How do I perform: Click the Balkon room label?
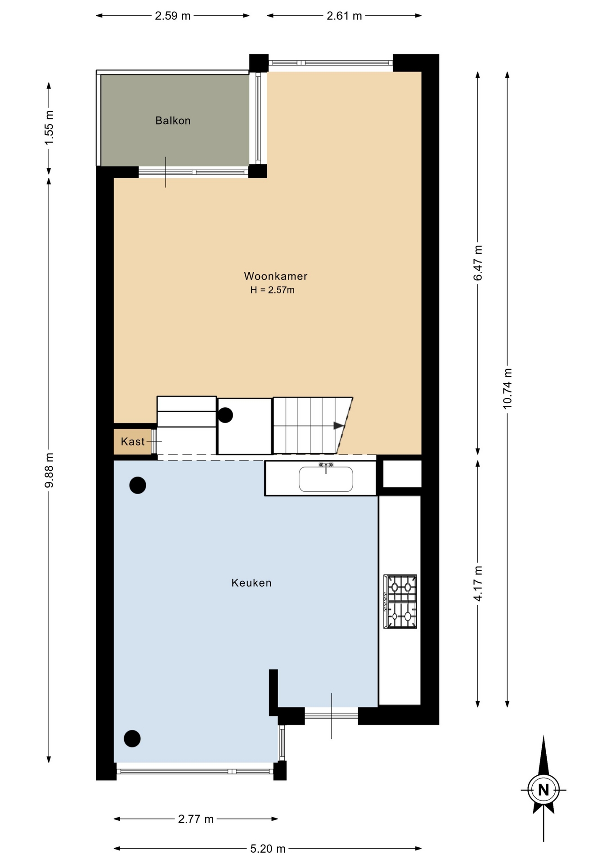coord(173,121)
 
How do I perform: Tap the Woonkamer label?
coord(275,276)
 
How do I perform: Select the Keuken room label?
coord(252,583)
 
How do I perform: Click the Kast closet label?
coord(133,441)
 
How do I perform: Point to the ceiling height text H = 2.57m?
coord(273,290)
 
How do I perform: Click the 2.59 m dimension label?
coord(173,16)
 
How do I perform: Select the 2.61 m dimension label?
coord(344,16)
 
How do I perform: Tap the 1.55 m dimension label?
coord(49,128)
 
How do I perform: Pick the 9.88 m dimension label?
coord(49,470)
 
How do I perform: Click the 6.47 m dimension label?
coord(478,263)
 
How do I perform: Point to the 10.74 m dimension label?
coord(508,389)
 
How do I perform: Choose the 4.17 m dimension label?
coord(478,584)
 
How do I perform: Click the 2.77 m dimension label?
coord(196,819)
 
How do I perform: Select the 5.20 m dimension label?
coord(268,849)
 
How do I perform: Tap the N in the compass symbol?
coord(544,790)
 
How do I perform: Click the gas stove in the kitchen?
coord(400,601)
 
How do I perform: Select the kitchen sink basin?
coord(326,479)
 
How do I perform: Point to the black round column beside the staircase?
coord(225,415)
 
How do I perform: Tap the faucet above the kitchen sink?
coord(326,467)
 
